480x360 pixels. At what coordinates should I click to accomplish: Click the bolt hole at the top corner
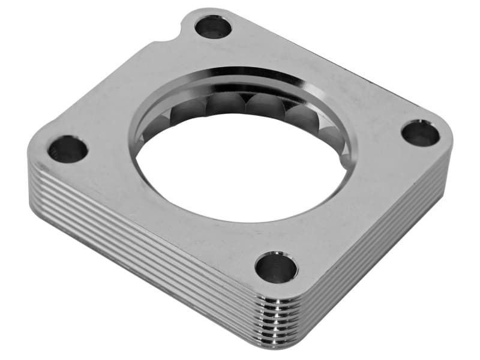(x=213, y=27)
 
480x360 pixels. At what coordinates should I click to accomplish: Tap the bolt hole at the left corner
(x=68, y=149)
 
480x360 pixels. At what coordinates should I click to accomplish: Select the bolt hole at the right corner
(x=420, y=133)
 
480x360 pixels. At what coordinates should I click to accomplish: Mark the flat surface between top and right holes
(x=336, y=72)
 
